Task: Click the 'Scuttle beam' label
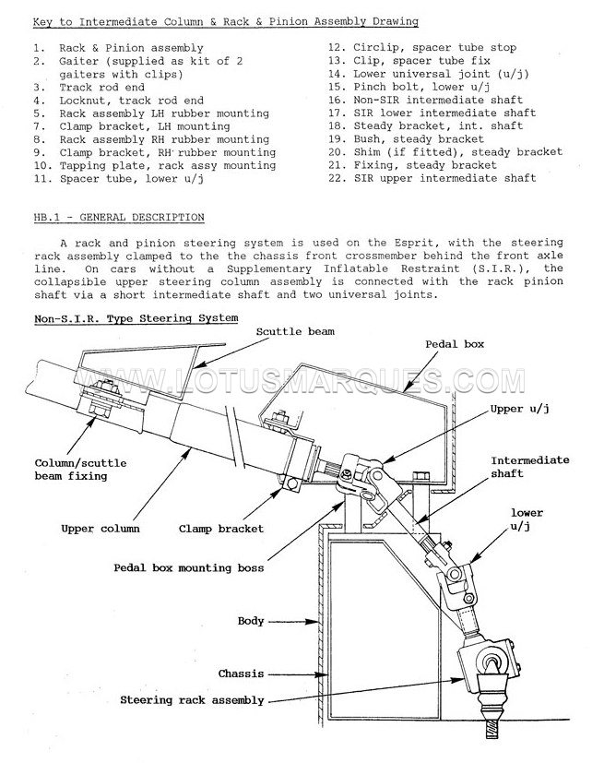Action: click(x=295, y=332)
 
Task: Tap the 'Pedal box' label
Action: click(x=455, y=344)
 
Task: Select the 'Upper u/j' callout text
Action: click(x=519, y=410)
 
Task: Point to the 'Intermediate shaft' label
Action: click(x=529, y=467)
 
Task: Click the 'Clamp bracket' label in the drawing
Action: click(x=220, y=529)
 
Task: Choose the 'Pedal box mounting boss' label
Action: click(x=189, y=568)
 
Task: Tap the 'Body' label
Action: click(x=251, y=621)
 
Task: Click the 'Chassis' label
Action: click(x=241, y=674)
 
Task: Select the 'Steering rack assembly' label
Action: click(x=192, y=700)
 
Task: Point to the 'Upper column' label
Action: click(x=101, y=529)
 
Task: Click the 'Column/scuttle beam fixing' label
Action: click(x=80, y=470)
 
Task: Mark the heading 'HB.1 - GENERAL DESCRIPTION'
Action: click(x=119, y=218)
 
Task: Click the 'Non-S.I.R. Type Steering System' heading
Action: click(x=136, y=318)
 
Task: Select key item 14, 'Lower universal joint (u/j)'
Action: click(x=429, y=74)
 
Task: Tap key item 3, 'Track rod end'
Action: click(x=89, y=88)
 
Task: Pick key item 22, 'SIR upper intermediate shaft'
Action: click(x=432, y=178)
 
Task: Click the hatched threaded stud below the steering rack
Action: click(x=491, y=730)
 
